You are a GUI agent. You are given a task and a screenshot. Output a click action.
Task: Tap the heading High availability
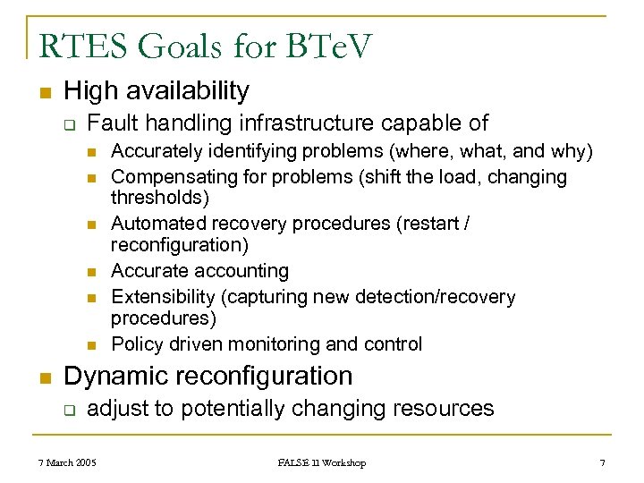point(157,90)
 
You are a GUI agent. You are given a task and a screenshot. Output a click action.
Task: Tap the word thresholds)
point(159,196)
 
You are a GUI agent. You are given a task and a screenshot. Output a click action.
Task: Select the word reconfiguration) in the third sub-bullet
point(179,244)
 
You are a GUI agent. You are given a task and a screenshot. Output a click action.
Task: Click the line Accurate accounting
point(199,271)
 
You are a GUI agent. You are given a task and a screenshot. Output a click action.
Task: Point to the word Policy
point(135,344)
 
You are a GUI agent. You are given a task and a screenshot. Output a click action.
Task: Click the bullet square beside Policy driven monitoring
point(91,345)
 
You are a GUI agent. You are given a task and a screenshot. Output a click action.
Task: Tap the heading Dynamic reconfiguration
point(208,376)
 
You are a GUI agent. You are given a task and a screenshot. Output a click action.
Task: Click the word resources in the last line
point(444,409)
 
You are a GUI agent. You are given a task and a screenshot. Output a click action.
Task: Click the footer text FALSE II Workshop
point(321,462)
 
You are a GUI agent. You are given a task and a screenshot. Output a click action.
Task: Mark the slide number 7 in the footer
point(602,462)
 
